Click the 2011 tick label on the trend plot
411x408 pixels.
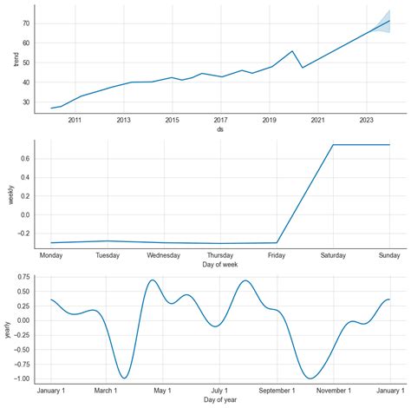pyautogui.click(x=75, y=120)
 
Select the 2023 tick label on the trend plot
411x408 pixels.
pyautogui.click(x=366, y=120)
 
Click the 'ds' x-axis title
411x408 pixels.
pyautogui.click(x=220, y=129)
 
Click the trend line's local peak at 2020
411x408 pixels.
pyautogui.click(x=292, y=51)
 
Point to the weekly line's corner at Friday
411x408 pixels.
pyautogui.click(x=277, y=242)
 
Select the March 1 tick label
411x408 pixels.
pyautogui.click(x=107, y=390)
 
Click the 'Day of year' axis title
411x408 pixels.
pyautogui.click(x=220, y=398)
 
